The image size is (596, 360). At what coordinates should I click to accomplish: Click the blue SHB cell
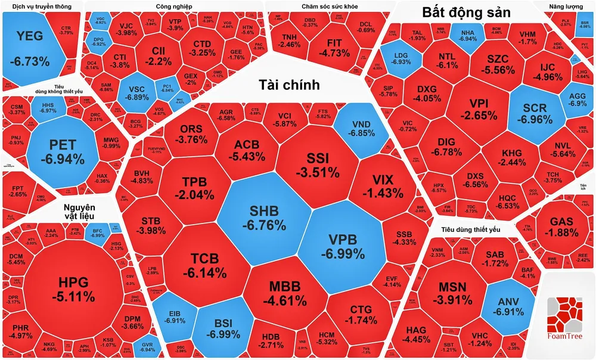coord(263,219)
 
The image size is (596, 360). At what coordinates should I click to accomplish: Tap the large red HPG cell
coord(73,289)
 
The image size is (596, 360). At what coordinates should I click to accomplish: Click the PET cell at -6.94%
coord(62,153)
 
